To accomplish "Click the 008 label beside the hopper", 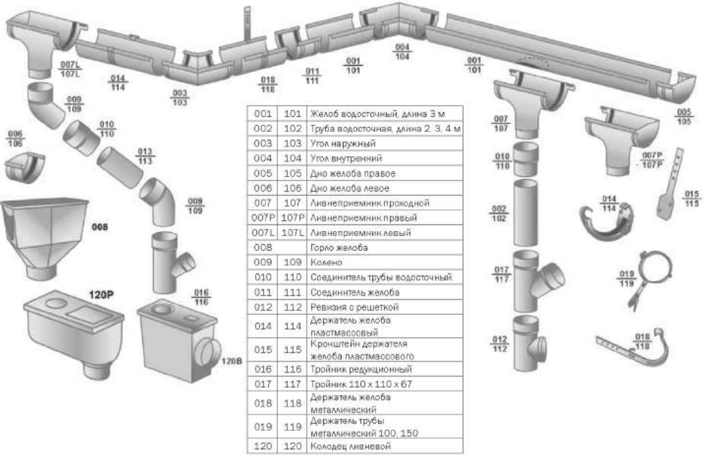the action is pos(100,227).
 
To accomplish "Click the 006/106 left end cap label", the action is pos(15,139).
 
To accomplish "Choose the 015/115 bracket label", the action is pos(692,197).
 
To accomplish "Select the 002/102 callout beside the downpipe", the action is pos(499,213).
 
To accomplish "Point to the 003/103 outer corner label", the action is pos(180,97).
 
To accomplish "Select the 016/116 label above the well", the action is pos(201,297).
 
